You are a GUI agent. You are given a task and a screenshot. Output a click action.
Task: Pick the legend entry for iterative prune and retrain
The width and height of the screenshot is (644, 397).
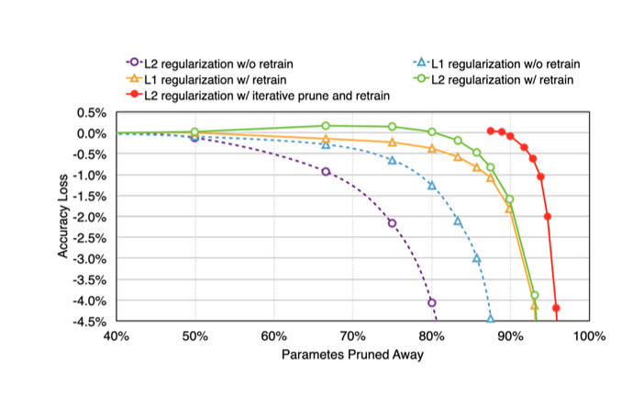pos(261,95)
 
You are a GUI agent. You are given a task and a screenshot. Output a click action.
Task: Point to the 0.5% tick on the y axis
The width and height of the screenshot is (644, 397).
pos(93,112)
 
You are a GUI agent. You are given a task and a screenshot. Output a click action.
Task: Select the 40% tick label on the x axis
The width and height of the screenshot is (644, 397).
pos(116,335)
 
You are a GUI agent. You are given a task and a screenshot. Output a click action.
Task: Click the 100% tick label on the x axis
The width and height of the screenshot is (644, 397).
pos(588,335)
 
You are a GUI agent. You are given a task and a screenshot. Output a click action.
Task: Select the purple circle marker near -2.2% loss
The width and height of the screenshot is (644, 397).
pos(392,223)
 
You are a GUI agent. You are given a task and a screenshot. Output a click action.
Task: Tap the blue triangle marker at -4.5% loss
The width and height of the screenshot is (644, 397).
pos(491,319)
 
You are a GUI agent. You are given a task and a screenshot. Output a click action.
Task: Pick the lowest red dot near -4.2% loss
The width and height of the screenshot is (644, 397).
pos(556,308)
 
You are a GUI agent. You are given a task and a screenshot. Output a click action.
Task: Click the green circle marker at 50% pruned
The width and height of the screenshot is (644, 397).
pos(194,132)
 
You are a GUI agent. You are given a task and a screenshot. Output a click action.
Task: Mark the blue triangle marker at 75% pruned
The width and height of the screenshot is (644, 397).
pos(392,160)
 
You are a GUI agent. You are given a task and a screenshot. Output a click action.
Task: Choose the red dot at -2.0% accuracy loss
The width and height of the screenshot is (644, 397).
pos(548,217)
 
